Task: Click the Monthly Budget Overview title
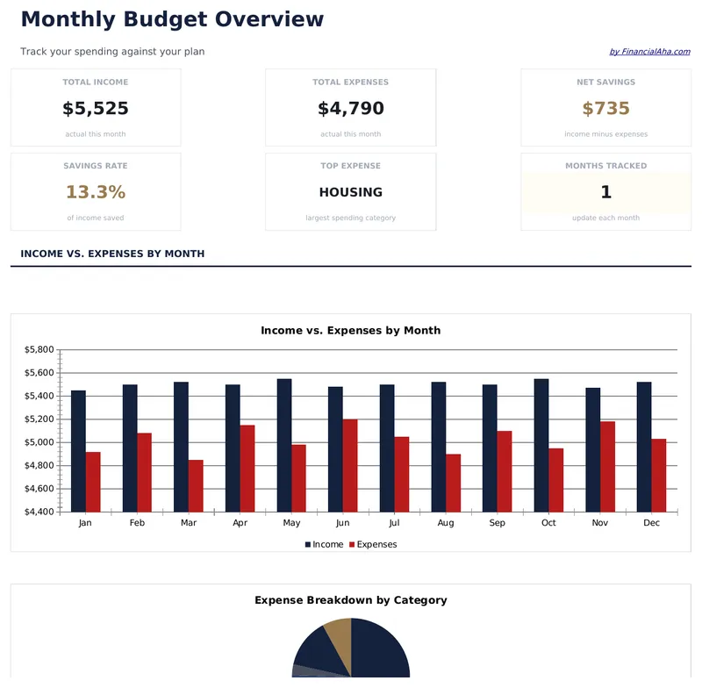[x=172, y=19]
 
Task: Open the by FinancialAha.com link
[x=649, y=52]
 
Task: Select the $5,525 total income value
[x=96, y=109]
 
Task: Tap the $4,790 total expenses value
[x=351, y=109]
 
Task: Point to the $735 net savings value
[x=606, y=109]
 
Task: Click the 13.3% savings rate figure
[x=96, y=192]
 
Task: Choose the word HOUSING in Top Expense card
[x=351, y=192]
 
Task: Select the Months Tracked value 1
[x=606, y=192]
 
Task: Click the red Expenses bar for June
[x=350, y=465]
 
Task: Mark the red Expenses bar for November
[x=607, y=466]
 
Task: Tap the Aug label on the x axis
[x=445, y=523]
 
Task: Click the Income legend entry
[x=324, y=545]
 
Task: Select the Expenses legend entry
[x=373, y=545]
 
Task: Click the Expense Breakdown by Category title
[x=351, y=600]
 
